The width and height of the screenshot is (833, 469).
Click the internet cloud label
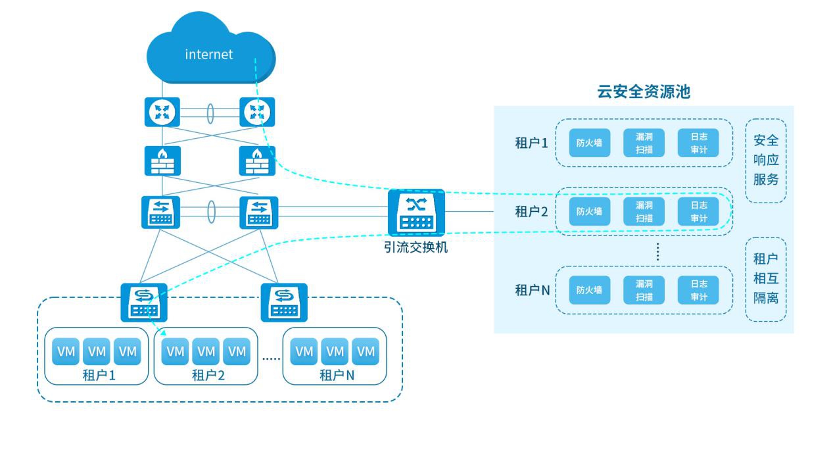[209, 55]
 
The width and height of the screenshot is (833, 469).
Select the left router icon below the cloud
[162, 112]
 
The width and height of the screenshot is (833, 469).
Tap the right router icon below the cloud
[257, 112]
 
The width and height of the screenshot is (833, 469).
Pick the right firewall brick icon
[257, 160]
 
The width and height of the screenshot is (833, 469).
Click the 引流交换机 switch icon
[416, 212]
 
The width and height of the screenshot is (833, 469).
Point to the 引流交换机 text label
[416, 248]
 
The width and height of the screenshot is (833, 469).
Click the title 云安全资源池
[643, 91]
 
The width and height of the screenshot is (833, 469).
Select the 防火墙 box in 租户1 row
[589, 143]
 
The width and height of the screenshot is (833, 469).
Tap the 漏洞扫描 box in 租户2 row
[644, 212]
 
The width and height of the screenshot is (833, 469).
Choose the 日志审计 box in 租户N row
[698, 289]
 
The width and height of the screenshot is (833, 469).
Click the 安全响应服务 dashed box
[765, 160]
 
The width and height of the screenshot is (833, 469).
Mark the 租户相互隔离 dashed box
[765, 279]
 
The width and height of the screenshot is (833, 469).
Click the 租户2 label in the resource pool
[531, 212]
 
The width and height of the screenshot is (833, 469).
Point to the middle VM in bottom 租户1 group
[97, 352]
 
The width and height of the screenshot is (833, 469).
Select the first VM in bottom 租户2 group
[175, 352]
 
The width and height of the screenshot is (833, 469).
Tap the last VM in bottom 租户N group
[366, 352]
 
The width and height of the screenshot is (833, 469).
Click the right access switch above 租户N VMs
[284, 302]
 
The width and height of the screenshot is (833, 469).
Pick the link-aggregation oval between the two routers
[210, 112]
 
